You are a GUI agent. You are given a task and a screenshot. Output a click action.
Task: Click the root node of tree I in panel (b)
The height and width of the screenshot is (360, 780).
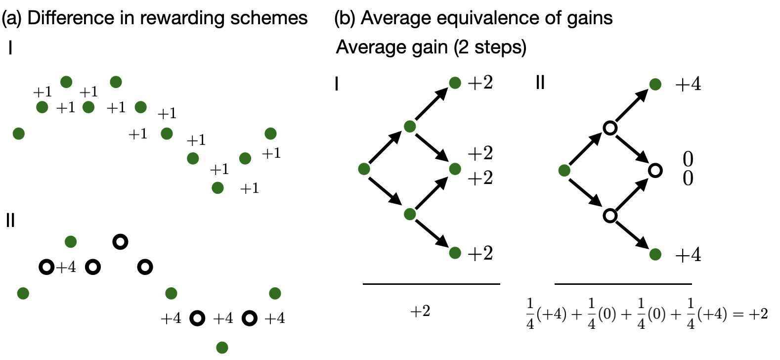point(364,169)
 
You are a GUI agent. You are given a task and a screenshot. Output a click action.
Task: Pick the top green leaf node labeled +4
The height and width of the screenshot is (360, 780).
point(655,85)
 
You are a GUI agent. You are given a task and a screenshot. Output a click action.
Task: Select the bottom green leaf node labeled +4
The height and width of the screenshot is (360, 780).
point(655,255)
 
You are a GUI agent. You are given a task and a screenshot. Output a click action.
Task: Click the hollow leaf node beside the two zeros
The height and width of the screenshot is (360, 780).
point(655,171)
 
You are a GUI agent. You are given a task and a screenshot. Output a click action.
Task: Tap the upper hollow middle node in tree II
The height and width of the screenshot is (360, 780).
point(610,129)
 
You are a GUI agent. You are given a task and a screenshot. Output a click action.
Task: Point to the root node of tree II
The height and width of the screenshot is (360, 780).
point(564,171)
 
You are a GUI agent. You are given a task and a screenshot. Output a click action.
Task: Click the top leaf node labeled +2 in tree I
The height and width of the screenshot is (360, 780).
point(455,83)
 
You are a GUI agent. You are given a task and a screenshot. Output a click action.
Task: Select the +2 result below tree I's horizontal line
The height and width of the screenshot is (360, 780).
point(420,312)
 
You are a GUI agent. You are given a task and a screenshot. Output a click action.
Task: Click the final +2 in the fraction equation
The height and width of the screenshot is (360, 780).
point(757,314)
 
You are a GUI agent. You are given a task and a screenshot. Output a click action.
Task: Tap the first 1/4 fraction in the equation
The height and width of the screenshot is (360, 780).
point(530,314)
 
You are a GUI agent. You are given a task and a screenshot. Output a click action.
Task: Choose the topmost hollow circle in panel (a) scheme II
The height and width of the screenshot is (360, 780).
point(120,241)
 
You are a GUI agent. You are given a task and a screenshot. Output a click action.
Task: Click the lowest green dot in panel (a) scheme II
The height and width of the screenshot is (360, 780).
point(222,348)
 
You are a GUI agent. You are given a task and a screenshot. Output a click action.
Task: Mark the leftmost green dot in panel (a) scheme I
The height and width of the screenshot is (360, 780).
point(19,134)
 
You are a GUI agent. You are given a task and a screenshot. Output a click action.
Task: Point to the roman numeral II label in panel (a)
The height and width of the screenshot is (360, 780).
point(10,220)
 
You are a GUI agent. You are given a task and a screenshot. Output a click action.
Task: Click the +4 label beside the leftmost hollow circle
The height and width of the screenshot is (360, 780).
point(66,268)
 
